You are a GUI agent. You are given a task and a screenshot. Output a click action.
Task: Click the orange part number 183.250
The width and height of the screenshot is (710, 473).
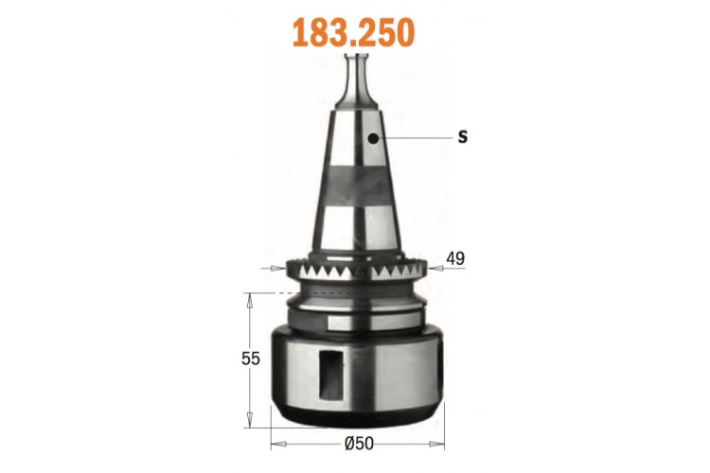coord(354,32)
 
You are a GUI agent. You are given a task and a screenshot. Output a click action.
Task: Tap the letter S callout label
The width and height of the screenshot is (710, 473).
coord(462,136)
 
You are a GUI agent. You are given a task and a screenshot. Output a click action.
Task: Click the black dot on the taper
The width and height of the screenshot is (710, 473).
coord(373,138)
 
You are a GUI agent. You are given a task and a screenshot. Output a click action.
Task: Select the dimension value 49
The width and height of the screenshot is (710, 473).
coord(455,258)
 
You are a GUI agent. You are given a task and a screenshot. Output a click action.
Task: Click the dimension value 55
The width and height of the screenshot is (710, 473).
coord(251,359)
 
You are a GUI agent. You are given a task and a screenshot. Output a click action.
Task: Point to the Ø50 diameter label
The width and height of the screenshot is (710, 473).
coord(359,444)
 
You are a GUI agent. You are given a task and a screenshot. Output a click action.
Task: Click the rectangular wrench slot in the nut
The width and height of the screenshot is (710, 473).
coord(331,375)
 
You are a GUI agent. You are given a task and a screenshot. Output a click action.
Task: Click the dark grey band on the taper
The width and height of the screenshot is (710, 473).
coord(356,185)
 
